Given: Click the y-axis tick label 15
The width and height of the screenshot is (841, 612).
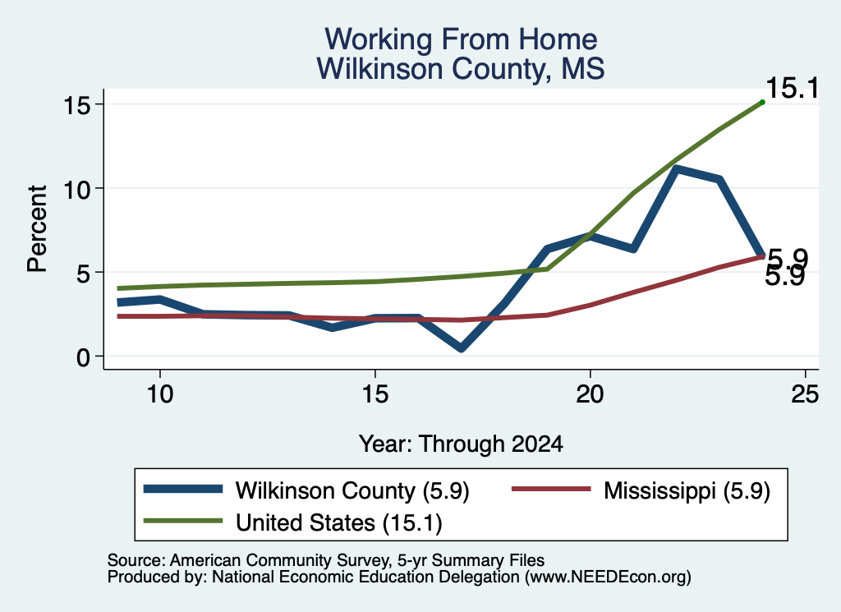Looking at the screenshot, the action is pos(76,104).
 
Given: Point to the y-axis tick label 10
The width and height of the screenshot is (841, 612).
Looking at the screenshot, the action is pos(76,189).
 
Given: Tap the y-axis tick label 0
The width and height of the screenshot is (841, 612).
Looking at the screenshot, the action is pos(83,357).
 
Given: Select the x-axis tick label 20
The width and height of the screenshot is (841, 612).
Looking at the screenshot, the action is pos(590,395).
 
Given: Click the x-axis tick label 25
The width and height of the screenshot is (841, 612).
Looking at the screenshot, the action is pos(805,395).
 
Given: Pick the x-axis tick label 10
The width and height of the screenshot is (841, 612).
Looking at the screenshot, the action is pos(160,395).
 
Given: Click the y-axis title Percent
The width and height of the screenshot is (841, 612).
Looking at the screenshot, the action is pos(37,229).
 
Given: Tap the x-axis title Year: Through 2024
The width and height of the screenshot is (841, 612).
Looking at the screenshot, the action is pos(461,444).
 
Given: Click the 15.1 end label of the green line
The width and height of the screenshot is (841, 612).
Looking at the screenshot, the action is pos(793,88).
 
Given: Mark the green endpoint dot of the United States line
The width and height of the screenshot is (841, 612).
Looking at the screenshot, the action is pos(762,102).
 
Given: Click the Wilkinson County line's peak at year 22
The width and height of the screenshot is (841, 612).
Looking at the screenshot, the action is pos(677,169).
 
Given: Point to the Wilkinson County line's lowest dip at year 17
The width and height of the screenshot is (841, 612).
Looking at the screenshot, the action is pos(462,347).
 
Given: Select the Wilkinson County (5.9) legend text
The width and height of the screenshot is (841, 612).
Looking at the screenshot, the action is pos(352,490).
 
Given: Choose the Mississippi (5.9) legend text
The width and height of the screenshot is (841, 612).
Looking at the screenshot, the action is pos(687,490).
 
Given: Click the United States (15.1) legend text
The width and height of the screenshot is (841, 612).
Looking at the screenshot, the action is pos(339,522).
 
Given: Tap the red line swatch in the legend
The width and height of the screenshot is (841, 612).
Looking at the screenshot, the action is pos(551,489).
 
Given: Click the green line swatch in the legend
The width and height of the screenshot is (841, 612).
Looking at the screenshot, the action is pos(183,521).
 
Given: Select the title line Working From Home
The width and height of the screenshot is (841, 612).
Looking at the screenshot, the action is pos(461,39).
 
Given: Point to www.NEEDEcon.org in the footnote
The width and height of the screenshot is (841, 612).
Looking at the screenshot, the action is pos(607,577).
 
